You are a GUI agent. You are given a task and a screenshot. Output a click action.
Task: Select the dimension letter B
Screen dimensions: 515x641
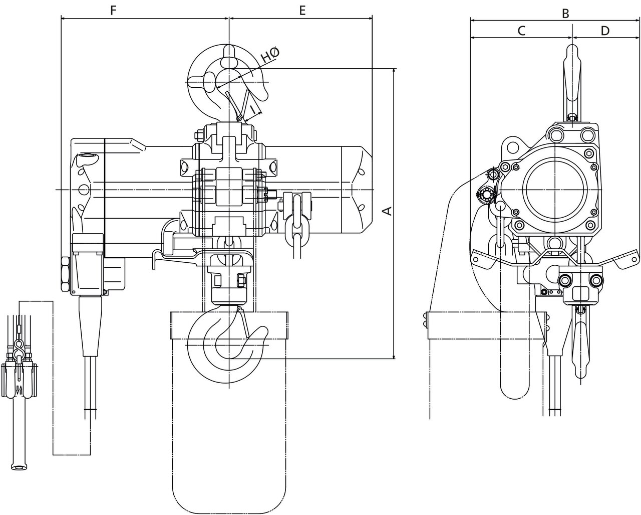[x=565, y=14]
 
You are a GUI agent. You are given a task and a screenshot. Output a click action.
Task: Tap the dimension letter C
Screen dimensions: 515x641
[x=521, y=31]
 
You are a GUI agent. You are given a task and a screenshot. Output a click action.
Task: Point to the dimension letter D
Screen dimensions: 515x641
[x=605, y=31]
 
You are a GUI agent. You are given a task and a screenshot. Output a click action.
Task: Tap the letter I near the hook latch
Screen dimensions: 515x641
[x=253, y=108]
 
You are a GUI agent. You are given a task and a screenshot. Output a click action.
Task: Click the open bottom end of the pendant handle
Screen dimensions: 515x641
[x=19, y=468]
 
